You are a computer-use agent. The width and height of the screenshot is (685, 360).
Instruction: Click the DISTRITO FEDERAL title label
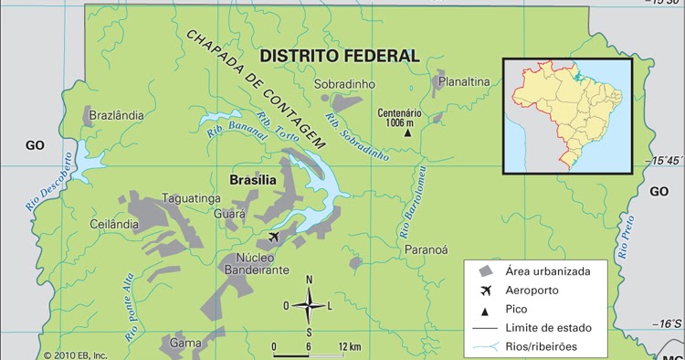[340, 56]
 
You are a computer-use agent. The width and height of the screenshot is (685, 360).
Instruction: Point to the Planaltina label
[464, 82]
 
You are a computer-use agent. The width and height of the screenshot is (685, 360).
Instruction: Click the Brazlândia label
[113, 116]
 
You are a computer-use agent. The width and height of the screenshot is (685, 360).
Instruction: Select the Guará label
[229, 214]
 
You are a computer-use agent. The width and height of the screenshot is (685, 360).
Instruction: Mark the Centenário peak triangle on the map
[408, 132]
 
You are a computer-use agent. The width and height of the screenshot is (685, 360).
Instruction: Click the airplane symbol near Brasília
[274, 238]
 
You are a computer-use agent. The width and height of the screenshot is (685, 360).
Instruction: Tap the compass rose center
[309, 304]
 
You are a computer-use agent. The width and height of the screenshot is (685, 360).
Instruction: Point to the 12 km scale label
[349, 346]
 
